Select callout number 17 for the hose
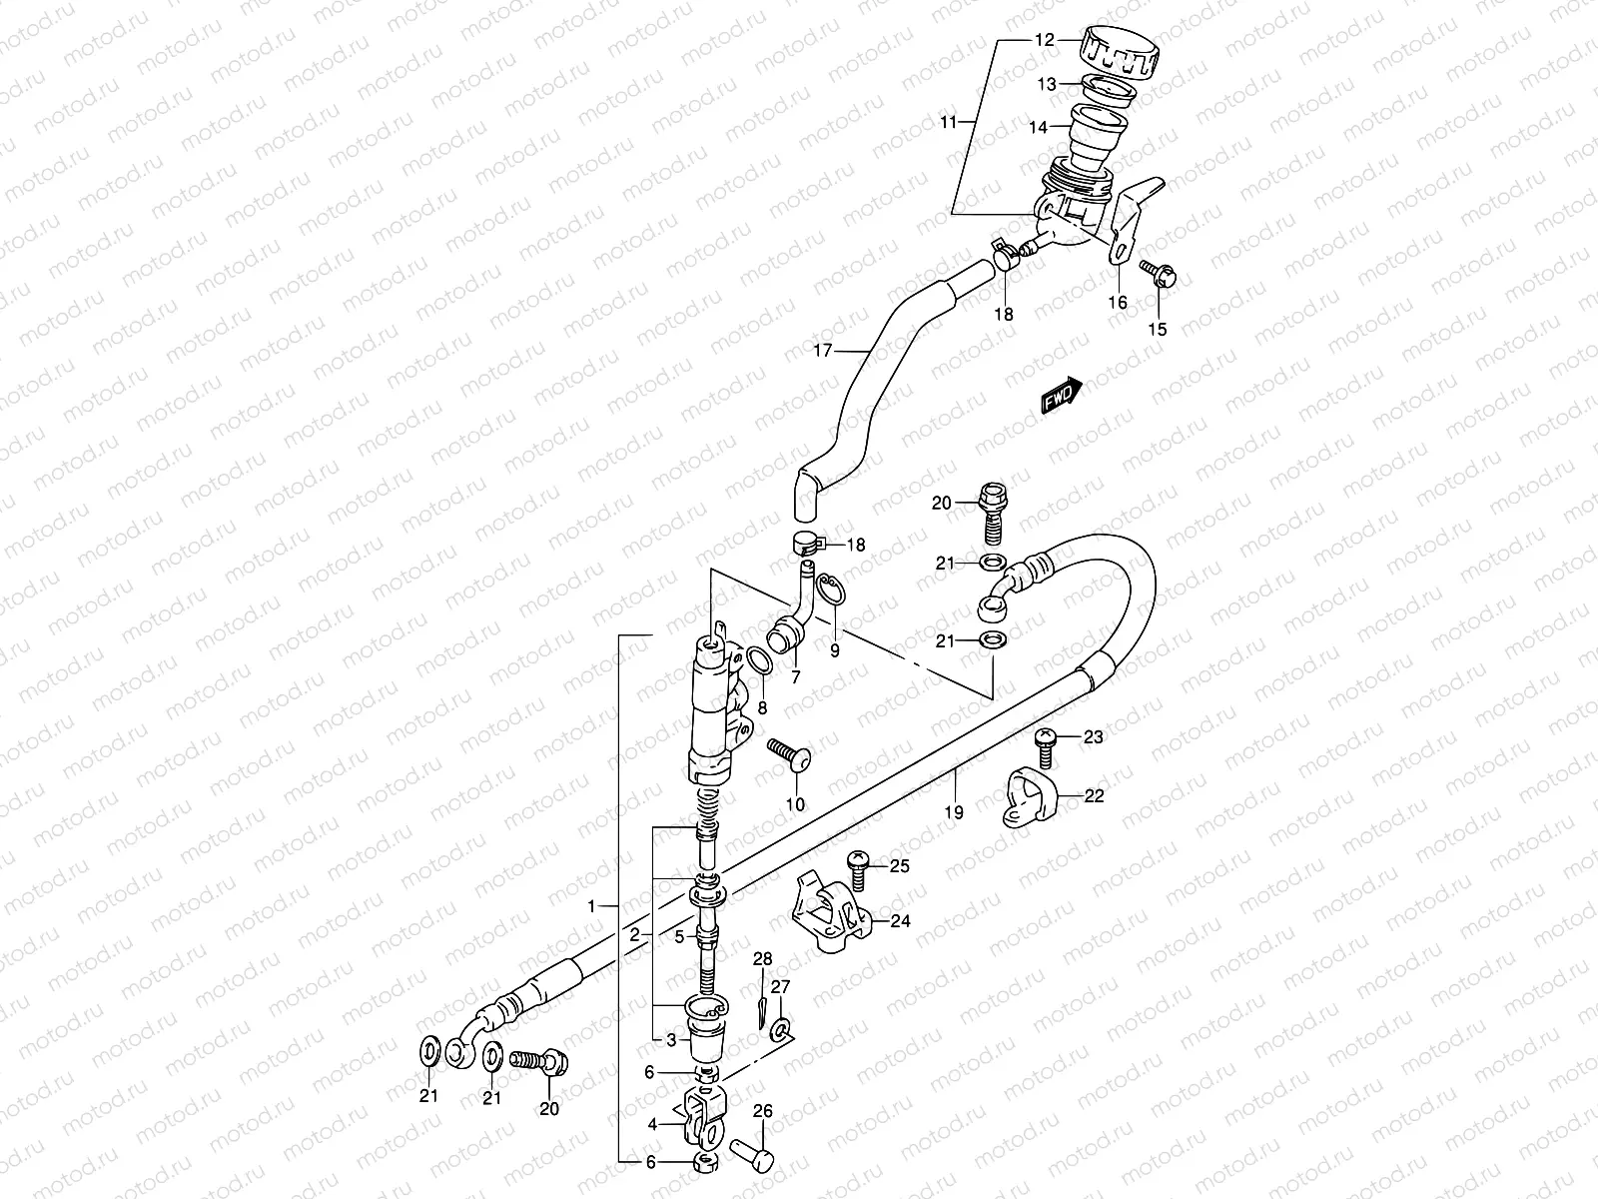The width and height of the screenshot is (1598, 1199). [822, 351]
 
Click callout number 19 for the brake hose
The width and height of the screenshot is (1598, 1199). [953, 812]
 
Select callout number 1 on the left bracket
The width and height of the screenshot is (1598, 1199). [591, 906]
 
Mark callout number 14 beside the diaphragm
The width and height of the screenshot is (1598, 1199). [1038, 128]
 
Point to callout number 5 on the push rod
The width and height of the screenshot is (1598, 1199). [678, 937]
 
